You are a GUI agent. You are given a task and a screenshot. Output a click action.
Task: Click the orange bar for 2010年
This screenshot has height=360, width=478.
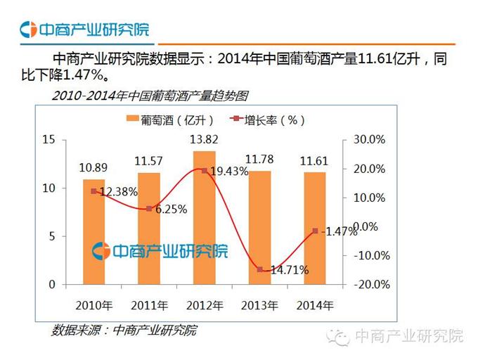click(93, 232)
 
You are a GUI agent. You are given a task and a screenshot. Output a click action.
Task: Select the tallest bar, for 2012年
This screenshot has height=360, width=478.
click(204, 218)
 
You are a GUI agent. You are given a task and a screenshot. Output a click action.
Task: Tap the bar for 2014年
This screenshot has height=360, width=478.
click(315, 229)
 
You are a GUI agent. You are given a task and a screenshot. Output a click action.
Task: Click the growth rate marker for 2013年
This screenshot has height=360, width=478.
click(259, 269)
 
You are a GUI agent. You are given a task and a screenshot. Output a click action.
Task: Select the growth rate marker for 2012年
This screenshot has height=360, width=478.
click(204, 171)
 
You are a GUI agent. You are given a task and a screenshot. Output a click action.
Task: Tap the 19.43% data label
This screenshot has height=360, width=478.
click(225, 172)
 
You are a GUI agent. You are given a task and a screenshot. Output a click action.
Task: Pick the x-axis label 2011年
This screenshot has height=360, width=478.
click(149, 306)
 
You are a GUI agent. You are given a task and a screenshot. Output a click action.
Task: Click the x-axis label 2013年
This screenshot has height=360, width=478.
click(259, 306)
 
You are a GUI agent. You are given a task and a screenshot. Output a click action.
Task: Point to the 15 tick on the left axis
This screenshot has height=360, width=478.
click(49, 139)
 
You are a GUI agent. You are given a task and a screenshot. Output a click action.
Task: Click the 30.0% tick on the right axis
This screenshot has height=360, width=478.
click(370, 140)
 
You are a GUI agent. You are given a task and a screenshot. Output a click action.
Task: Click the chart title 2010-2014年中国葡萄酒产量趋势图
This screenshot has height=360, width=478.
click(150, 95)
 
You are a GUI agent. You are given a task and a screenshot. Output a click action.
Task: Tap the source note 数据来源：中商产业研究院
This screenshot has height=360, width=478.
click(124, 330)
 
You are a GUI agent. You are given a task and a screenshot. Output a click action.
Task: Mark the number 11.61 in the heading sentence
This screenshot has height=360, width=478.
click(379, 60)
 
